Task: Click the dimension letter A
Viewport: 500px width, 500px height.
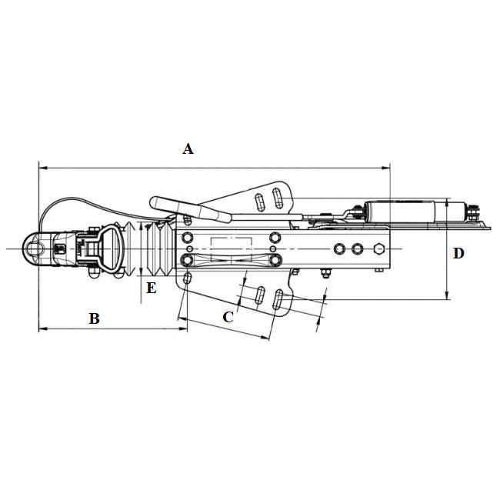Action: click(x=188, y=149)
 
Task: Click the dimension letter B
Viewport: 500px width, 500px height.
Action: click(x=94, y=318)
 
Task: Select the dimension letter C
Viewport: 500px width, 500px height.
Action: click(x=228, y=317)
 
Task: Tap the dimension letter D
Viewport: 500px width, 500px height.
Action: click(x=458, y=254)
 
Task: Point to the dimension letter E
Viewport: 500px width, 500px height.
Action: click(x=151, y=288)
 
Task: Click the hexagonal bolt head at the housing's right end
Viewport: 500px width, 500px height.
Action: click(x=379, y=248)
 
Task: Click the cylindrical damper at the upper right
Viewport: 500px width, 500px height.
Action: click(x=400, y=212)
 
